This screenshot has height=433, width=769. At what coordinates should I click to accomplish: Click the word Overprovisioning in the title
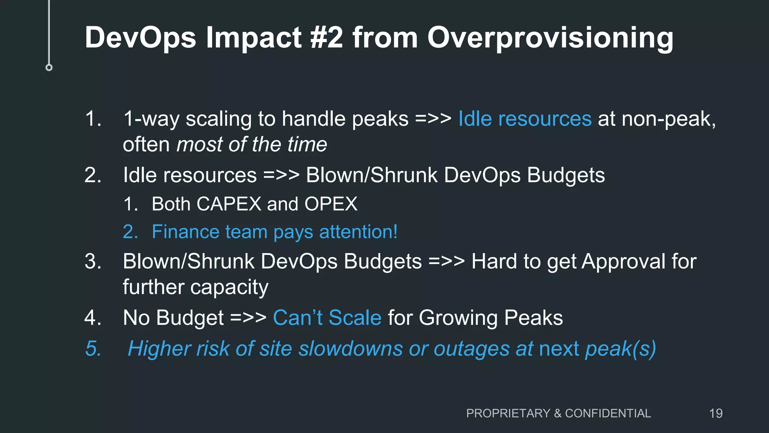(550, 38)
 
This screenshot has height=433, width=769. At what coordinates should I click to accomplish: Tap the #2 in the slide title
(327, 38)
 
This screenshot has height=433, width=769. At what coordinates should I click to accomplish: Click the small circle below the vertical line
(49, 68)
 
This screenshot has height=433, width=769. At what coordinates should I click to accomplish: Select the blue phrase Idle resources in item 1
(525, 119)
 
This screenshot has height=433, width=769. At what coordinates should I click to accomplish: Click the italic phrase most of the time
(252, 144)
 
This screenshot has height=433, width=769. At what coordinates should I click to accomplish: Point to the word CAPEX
(229, 204)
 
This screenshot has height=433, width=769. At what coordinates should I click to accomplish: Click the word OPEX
(331, 204)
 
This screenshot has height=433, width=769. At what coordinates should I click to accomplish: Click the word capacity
(229, 288)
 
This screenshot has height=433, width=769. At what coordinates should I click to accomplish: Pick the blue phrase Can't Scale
(327, 318)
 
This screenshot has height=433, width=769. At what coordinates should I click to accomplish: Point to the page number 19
(716, 413)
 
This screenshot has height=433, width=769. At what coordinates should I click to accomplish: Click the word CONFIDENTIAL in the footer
(608, 413)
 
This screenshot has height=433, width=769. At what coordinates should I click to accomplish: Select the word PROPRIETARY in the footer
(508, 413)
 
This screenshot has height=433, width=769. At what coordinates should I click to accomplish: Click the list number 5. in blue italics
(93, 348)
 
